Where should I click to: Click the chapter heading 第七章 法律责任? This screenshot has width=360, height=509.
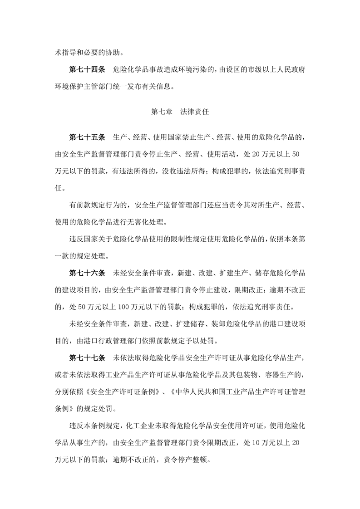(180, 112)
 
